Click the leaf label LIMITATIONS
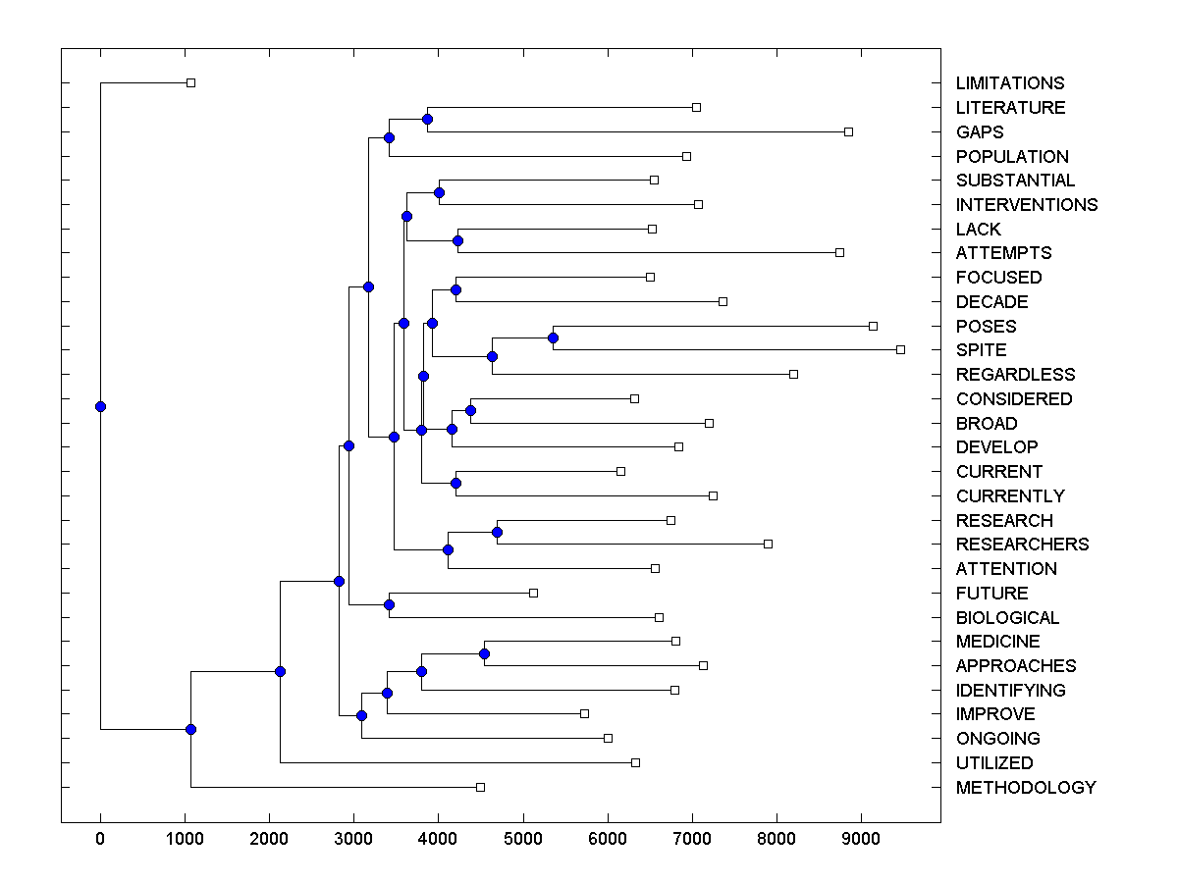pos(1009,83)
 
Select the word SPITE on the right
pos(981,350)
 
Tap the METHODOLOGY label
pos(1025,788)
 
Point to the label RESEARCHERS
pos(1022,545)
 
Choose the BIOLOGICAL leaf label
pos(1007,618)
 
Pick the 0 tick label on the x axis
pos(100,839)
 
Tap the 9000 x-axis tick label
pos(861,839)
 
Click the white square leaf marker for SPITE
pos(900,349)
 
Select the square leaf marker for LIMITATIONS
pos(191,82)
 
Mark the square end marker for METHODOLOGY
pos(480,787)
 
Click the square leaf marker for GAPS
pos(848,131)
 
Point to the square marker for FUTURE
pos(533,593)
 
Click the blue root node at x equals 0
pos(100,406)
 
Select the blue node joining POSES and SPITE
pos(553,338)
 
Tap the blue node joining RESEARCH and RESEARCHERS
pos(497,532)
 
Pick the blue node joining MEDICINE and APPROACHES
pos(484,653)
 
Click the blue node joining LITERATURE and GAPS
pos(427,119)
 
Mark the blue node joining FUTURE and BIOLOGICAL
pos(389,604)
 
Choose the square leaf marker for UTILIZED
pos(635,762)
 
